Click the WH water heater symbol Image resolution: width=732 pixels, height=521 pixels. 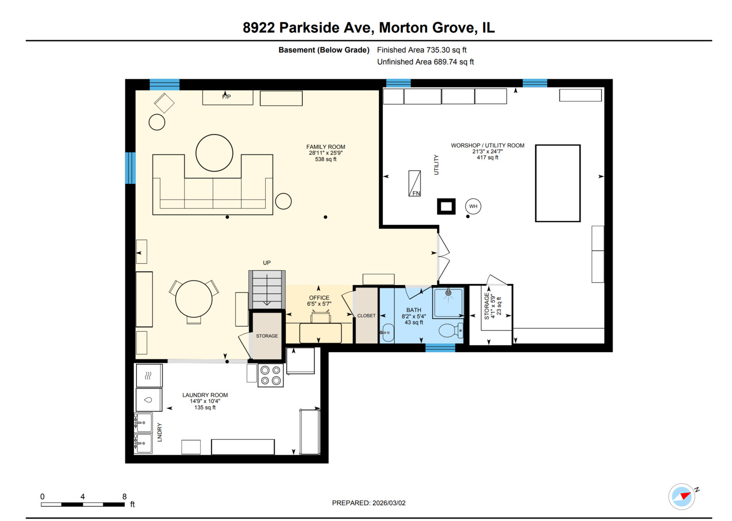(473, 206)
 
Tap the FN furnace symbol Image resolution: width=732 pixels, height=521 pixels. (415, 184)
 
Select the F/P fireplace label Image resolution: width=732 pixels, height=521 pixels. (227, 97)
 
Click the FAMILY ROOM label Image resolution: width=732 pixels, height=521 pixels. (325, 147)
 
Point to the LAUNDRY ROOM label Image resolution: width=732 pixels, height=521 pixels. (205, 395)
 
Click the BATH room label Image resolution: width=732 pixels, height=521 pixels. (414, 310)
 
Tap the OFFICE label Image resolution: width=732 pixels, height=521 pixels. (319, 298)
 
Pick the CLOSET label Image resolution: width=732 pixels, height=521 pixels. (366, 316)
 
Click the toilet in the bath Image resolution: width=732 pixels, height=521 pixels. (450, 331)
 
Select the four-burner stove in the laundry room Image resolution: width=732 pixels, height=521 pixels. (271, 376)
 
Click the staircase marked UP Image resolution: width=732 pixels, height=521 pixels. (267, 289)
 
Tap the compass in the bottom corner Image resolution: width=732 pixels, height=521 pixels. (682, 496)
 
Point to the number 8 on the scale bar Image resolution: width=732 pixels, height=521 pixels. (124, 496)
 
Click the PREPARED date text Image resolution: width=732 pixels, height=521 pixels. (368, 503)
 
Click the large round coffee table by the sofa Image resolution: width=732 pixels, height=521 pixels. (215, 153)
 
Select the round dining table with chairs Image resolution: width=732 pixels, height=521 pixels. (194, 299)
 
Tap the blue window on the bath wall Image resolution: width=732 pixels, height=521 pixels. (440, 348)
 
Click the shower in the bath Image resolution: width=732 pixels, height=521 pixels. (448, 302)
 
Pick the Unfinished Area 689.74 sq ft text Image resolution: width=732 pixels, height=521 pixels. (425, 62)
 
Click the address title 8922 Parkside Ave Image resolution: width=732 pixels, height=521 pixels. (368, 27)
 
